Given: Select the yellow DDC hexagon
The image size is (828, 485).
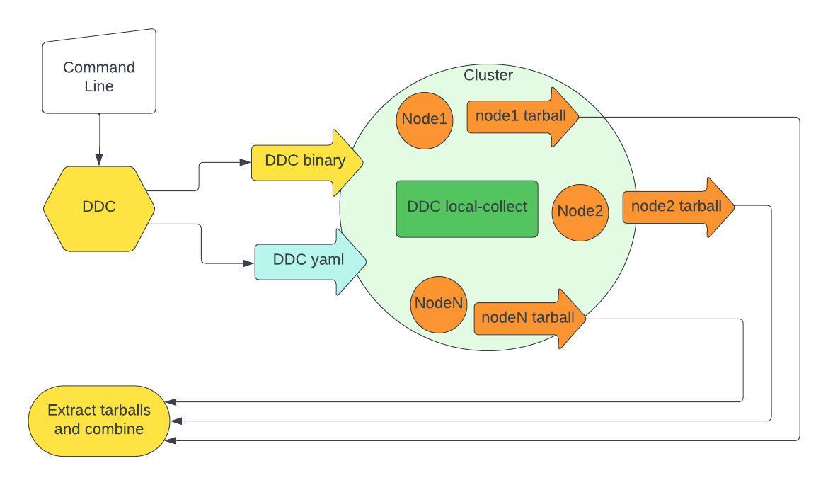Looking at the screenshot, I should (x=99, y=209).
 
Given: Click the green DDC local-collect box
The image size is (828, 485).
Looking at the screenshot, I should (x=467, y=208).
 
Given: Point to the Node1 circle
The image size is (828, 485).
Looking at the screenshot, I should (x=425, y=120).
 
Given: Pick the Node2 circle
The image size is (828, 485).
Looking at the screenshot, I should (x=580, y=211).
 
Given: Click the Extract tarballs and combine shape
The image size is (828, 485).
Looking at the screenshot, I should (x=99, y=420).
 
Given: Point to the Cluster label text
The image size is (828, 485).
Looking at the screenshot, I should (x=488, y=75).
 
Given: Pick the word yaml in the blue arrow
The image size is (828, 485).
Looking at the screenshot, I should (x=328, y=260).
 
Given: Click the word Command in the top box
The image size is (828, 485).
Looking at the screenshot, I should (x=99, y=68).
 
